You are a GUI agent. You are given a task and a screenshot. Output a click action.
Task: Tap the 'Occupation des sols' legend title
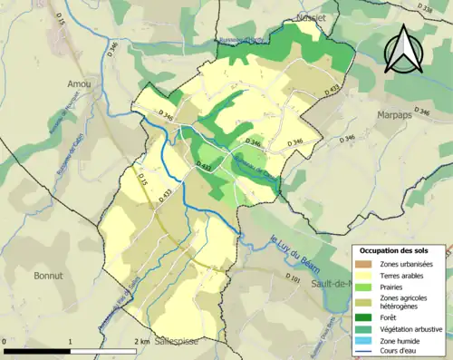pyautogui.click(x=400, y=249)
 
